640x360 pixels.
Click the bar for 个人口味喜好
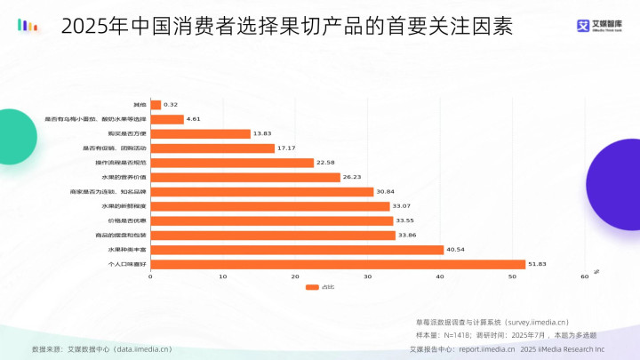pyautogui.click(x=338, y=264)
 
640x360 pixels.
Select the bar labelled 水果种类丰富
pyautogui.click(x=297, y=250)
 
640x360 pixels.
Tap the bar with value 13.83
pyautogui.click(x=201, y=133)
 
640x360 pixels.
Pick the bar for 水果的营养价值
pyautogui.click(x=245, y=177)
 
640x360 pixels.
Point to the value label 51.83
pyautogui.click(x=537, y=264)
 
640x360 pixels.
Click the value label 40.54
pyautogui.click(x=455, y=250)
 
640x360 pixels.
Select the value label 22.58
pyautogui.click(x=325, y=163)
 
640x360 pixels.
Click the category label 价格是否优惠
pyautogui.click(x=127, y=220)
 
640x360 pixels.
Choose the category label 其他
pyautogui.click(x=140, y=105)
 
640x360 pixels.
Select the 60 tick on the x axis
pyautogui.click(x=585, y=277)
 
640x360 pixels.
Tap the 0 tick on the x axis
pyautogui.click(x=151, y=277)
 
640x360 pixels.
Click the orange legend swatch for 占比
pyautogui.click(x=312, y=287)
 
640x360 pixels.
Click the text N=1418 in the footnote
pyautogui.click(x=463, y=336)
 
